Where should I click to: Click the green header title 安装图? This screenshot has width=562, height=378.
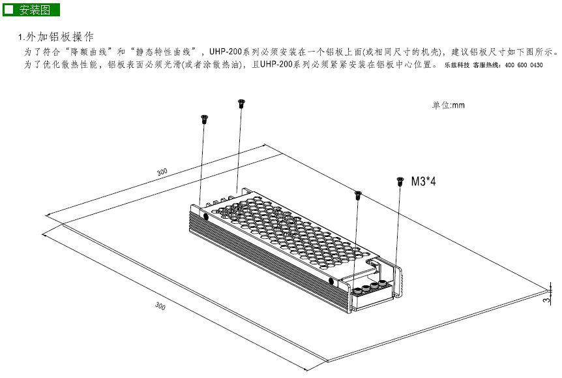click(35, 10)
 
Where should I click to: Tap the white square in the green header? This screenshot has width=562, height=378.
click(8, 9)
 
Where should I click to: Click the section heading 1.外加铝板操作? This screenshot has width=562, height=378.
click(56, 37)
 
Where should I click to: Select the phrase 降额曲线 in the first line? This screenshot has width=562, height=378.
click(89, 52)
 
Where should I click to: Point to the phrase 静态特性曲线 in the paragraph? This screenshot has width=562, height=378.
click(163, 52)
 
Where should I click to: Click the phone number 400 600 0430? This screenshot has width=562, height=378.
click(524, 65)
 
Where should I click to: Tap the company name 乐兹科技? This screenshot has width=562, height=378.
click(457, 65)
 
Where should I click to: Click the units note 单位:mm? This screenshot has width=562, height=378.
click(449, 105)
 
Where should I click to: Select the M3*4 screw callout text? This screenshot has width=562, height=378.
click(423, 181)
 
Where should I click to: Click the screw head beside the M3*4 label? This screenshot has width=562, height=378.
click(400, 181)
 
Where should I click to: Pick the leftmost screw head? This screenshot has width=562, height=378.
click(204, 119)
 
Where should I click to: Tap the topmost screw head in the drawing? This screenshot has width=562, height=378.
click(241, 103)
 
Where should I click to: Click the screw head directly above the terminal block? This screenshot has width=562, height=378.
click(358, 195)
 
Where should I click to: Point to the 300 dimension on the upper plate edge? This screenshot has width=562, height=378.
click(162, 172)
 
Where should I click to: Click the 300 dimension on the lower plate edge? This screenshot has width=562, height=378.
click(160, 306)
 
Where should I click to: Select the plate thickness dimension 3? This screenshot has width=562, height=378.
click(546, 300)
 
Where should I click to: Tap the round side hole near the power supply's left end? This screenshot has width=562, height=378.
click(206, 217)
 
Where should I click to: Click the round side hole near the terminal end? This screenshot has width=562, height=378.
click(331, 282)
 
